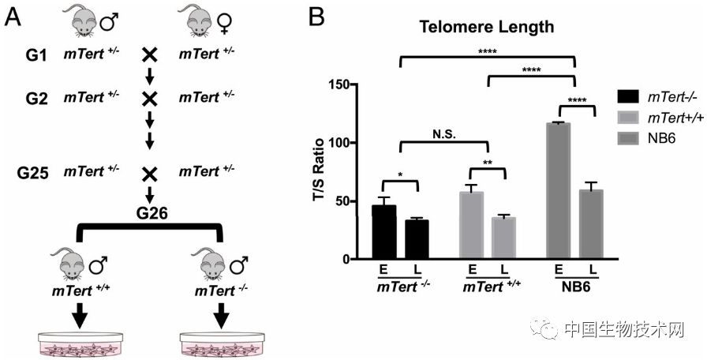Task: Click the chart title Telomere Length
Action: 486,26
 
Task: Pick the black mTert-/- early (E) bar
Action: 383,232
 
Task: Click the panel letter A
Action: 13,16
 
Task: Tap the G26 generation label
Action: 149,212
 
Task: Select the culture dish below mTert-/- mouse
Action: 220,343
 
